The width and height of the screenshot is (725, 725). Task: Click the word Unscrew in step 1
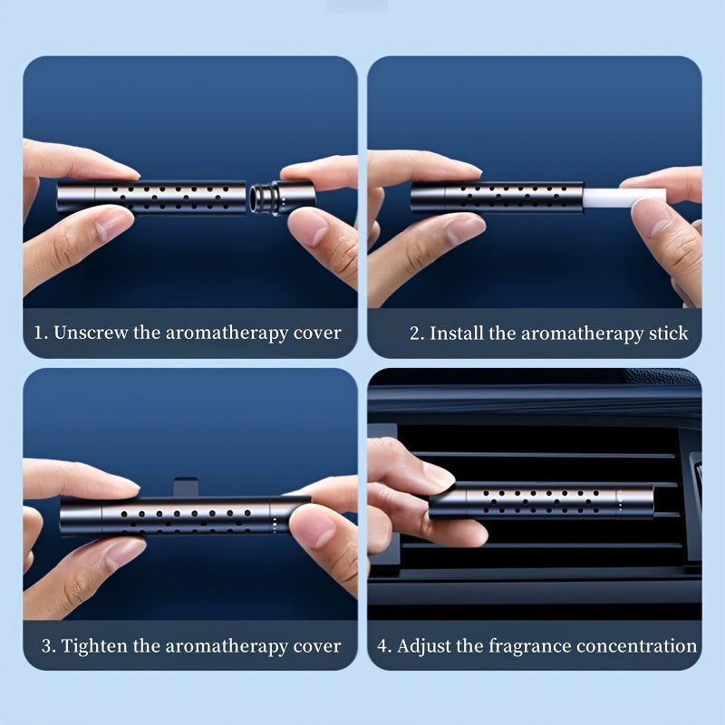pos(90,333)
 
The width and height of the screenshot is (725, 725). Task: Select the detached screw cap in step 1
pos(283,198)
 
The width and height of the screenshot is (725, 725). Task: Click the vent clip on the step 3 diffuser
pos(186,487)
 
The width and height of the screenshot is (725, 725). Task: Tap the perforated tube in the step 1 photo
pos(151,197)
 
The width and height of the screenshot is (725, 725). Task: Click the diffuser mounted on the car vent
pos(541,500)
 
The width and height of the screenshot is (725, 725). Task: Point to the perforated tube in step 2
pos(497,197)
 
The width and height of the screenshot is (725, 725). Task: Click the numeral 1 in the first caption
pos(39,333)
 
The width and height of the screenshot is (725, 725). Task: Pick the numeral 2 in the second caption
pos(416,333)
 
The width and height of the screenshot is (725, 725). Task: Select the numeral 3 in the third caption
pos(47,646)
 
